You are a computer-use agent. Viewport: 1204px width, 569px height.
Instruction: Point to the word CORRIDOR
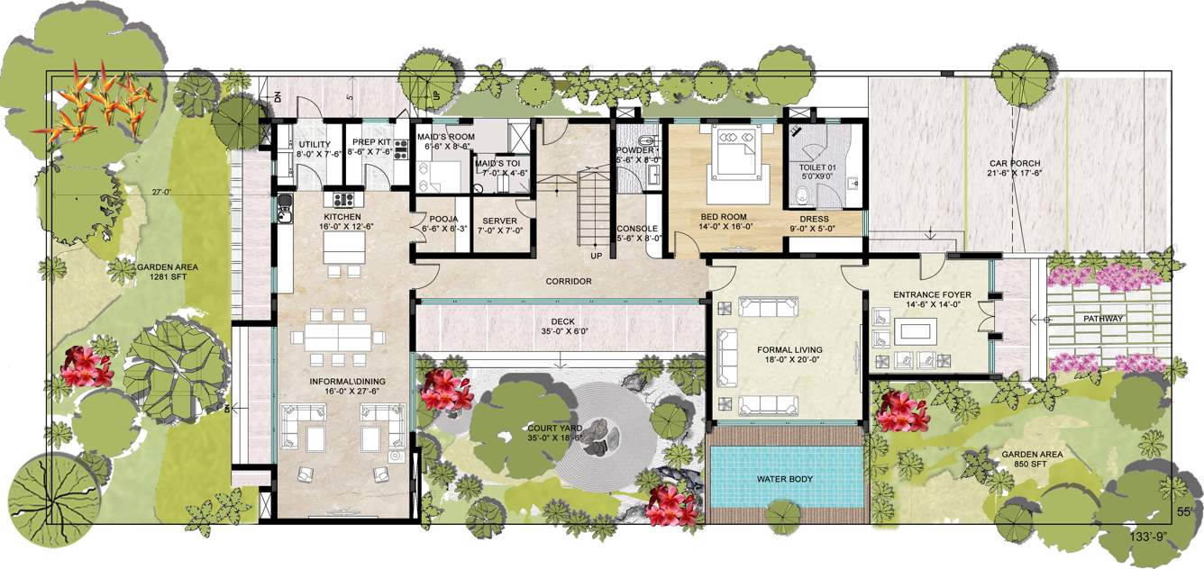tap(569, 282)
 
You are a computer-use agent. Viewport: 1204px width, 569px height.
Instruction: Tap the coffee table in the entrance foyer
tap(917, 331)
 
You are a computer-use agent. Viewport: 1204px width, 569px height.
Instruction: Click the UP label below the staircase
tap(596, 256)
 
